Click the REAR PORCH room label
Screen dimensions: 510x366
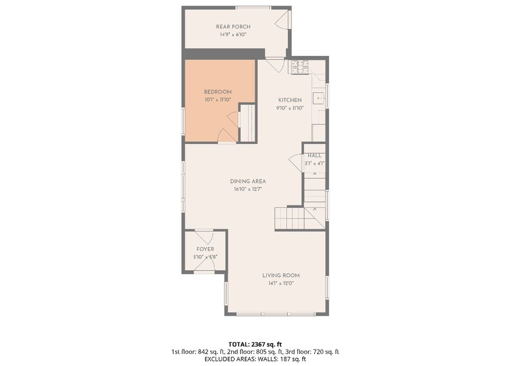pyautogui.click(x=233, y=27)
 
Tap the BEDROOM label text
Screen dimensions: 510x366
pyautogui.click(x=218, y=92)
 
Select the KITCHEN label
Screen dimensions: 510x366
pyautogui.click(x=290, y=100)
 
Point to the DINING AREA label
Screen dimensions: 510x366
pyautogui.click(x=248, y=182)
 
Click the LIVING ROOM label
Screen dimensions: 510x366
pyautogui.click(x=281, y=275)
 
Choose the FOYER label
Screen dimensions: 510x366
pyautogui.click(x=205, y=249)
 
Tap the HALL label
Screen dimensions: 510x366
pyautogui.click(x=315, y=156)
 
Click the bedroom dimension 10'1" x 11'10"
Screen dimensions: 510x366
pyautogui.click(x=218, y=100)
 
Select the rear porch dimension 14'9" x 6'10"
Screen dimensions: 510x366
pyautogui.click(x=233, y=34)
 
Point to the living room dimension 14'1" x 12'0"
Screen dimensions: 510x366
pyautogui.click(x=281, y=283)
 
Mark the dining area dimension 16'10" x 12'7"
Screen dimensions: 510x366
pyautogui.click(x=248, y=189)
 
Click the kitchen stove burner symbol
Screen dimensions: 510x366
pyautogui.click(x=299, y=67)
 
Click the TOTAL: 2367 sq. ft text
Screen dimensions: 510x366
pyautogui.click(x=255, y=344)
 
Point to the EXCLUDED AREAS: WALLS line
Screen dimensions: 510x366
pyautogui.click(x=255, y=359)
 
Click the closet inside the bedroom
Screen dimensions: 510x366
pyautogui.click(x=248, y=123)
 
